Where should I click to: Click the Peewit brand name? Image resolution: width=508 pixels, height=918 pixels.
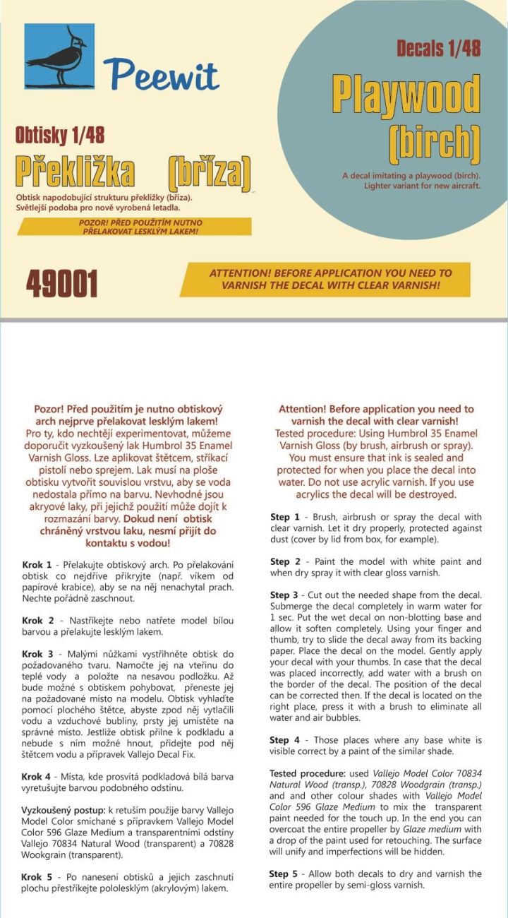tap(161, 73)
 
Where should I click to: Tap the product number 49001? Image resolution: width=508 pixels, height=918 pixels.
tap(62, 283)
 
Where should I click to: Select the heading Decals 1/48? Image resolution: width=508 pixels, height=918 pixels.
tap(438, 48)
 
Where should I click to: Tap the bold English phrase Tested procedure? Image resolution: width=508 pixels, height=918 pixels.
tap(306, 773)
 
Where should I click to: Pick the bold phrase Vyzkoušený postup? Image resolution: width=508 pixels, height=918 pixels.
tap(64, 809)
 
